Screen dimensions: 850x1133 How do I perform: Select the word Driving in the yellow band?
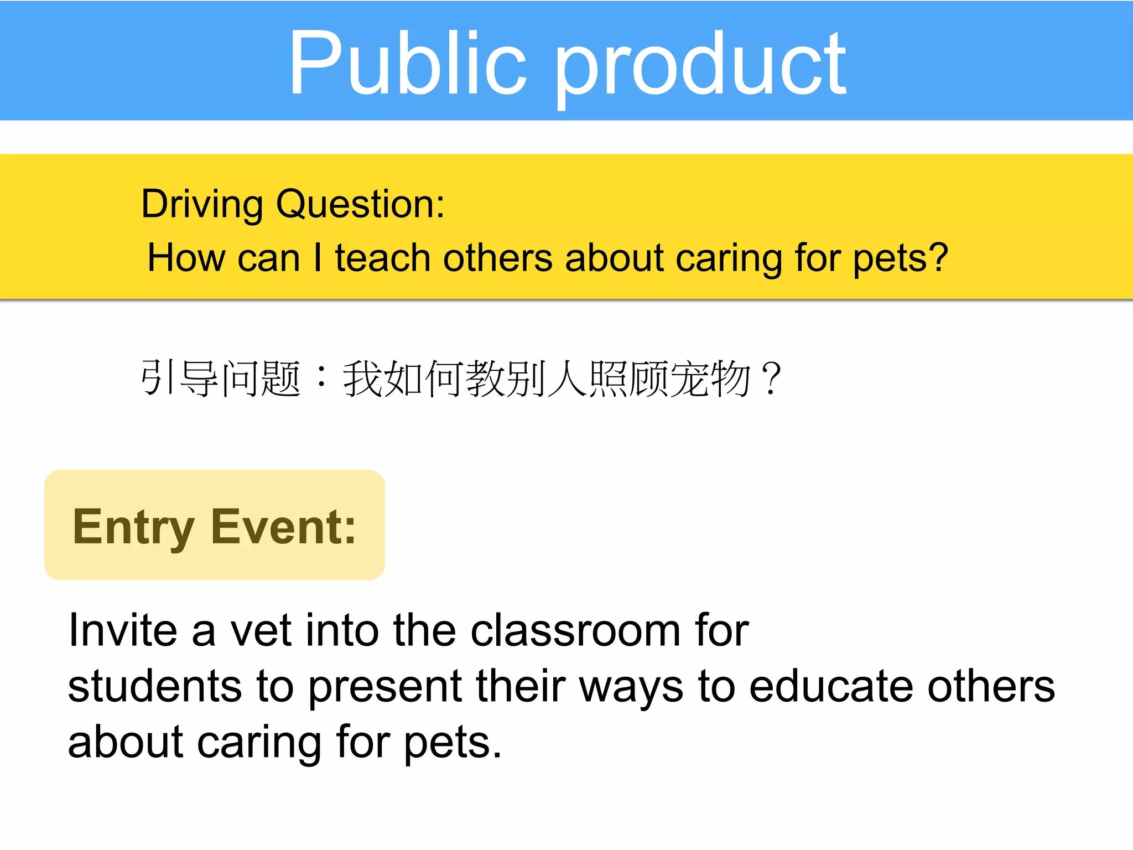(x=202, y=205)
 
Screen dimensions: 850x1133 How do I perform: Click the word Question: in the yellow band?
(x=360, y=205)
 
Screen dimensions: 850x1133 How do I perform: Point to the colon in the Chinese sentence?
(x=321, y=379)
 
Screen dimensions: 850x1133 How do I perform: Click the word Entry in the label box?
(x=133, y=527)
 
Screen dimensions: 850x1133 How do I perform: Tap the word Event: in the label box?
(x=283, y=527)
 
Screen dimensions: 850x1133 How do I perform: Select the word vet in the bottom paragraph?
(x=260, y=630)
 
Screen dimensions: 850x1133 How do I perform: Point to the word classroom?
(x=575, y=630)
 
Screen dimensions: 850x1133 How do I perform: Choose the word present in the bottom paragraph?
(x=384, y=686)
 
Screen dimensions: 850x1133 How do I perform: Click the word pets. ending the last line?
(x=453, y=743)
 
